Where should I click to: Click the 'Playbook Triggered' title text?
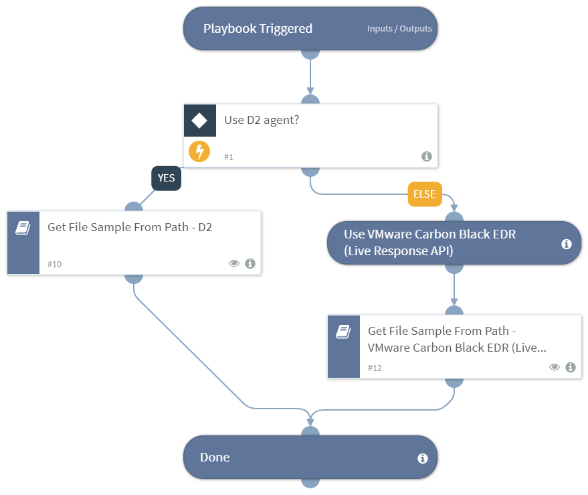click(x=258, y=29)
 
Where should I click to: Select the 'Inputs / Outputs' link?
click(x=399, y=29)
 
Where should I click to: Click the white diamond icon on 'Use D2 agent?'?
click(x=199, y=121)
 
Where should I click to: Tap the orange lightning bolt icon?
click(x=199, y=151)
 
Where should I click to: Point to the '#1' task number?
click(x=229, y=157)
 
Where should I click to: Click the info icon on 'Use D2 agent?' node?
click(x=427, y=156)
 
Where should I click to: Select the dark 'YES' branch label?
click(x=167, y=179)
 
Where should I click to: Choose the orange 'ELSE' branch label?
click(x=425, y=195)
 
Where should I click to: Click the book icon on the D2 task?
click(x=23, y=228)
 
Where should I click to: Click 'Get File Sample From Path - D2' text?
click(x=130, y=227)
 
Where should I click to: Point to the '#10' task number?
click(x=54, y=264)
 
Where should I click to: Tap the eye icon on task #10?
click(x=234, y=263)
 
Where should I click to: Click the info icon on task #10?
click(x=250, y=263)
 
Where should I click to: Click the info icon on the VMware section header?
click(x=566, y=244)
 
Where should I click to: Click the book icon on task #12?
click(x=344, y=331)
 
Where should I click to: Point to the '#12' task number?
click(x=375, y=368)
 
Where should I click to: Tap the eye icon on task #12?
click(x=555, y=367)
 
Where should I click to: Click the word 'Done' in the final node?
click(x=215, y=457)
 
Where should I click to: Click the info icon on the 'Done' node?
click(x=423, y=459)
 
